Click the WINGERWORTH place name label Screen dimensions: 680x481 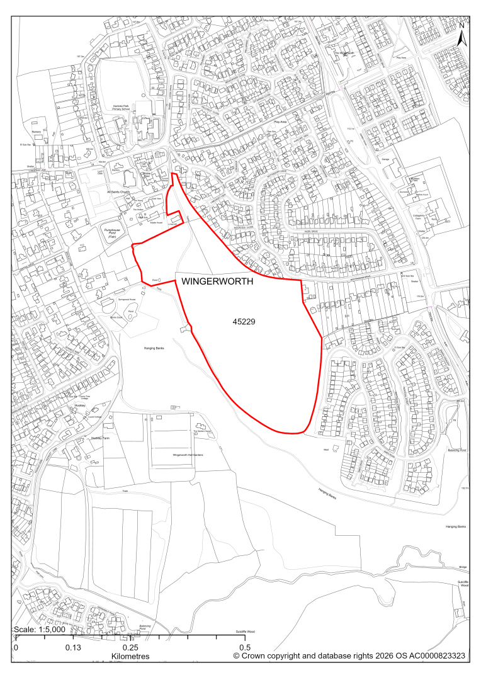(217, 283)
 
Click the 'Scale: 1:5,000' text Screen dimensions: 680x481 (39, 630)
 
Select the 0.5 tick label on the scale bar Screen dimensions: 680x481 (245, 647)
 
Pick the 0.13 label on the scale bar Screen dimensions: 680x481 (73, 647)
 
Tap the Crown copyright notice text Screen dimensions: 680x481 (349, 656)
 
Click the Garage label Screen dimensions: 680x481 (386, 160)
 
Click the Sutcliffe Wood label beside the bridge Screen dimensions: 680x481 (464, 583)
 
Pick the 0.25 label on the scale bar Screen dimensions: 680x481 (130, 647)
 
